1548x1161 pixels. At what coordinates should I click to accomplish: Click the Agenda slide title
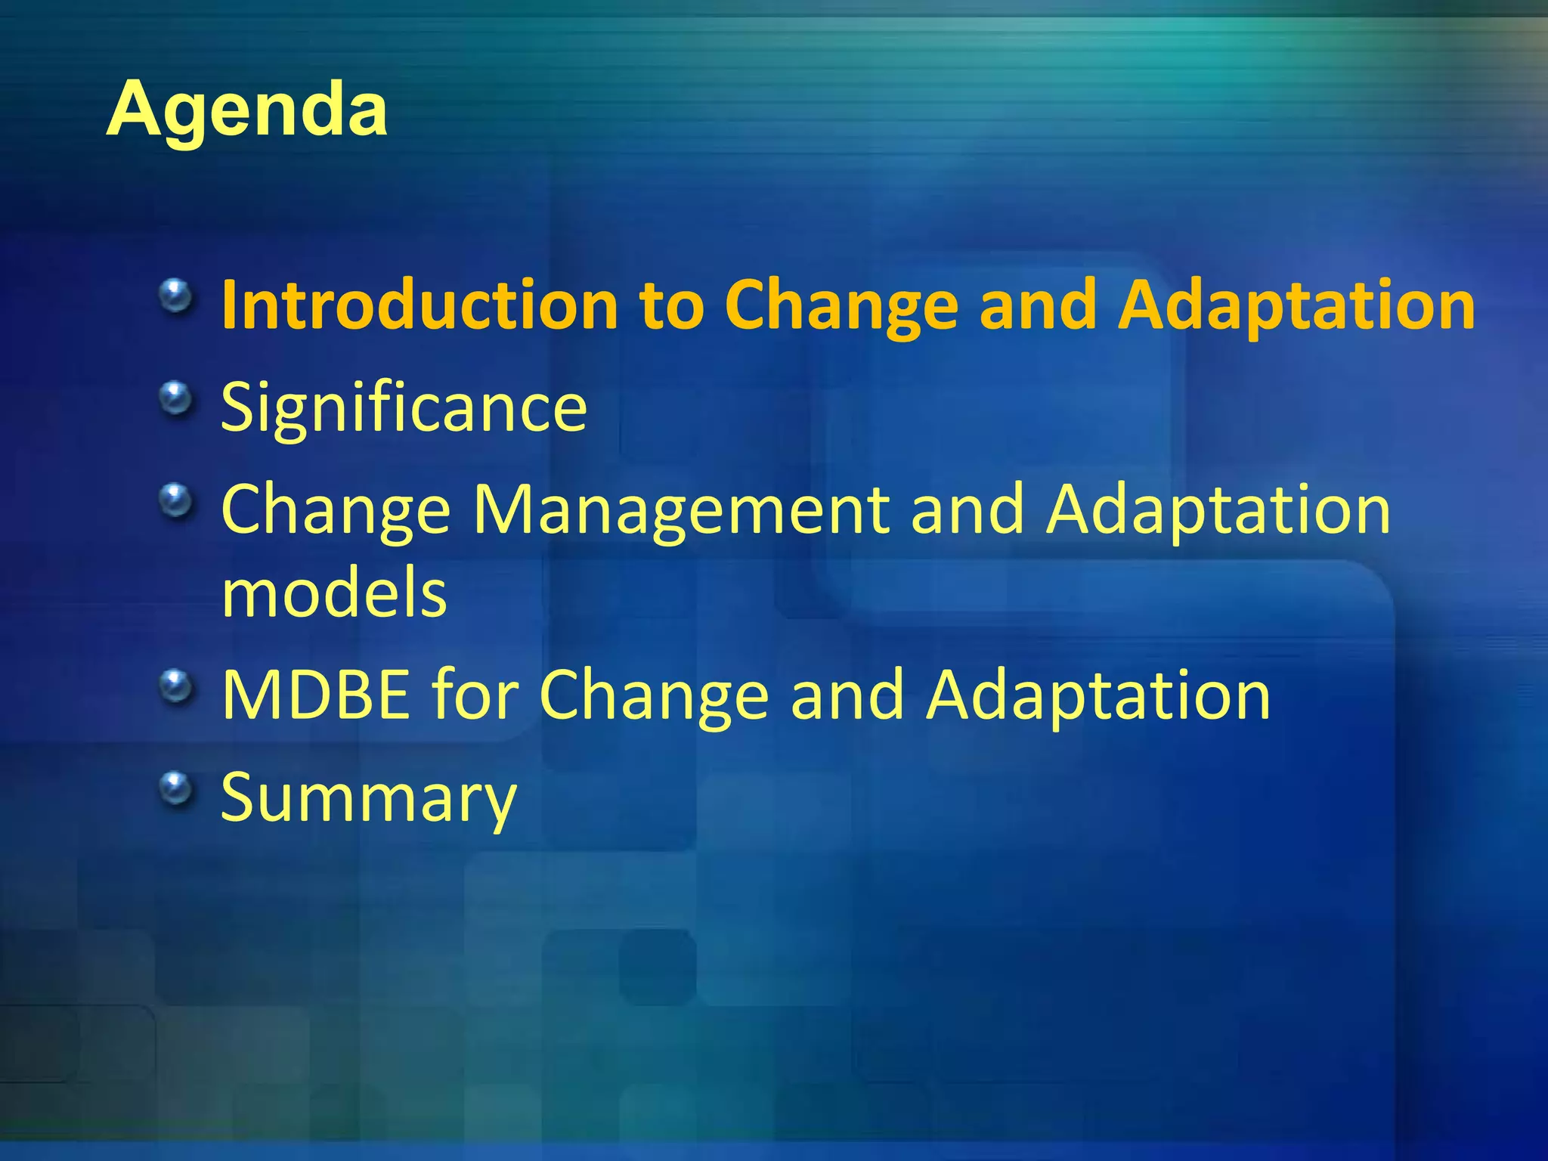point(247,110)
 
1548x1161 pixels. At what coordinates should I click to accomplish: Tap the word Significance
point(404,408)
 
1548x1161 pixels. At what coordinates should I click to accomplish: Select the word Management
point(682,510)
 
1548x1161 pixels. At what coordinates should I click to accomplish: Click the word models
point(334,593)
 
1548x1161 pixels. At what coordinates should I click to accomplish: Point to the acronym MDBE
point(315,695)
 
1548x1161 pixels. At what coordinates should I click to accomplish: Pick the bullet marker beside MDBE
point(176,686)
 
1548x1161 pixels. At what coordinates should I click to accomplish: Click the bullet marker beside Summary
point(176,789)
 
